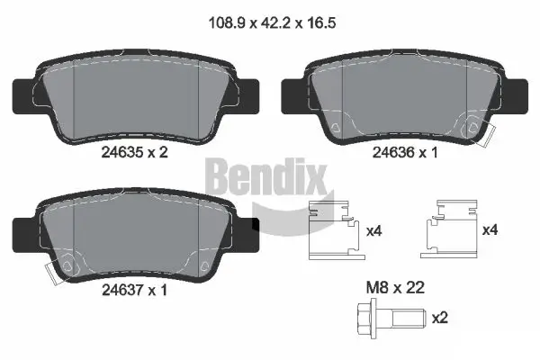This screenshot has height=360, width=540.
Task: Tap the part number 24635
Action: click(x=121, y=153)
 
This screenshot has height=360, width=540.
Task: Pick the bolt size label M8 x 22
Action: click(x=395, y=288)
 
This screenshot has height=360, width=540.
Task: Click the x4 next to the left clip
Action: click(x=373, y=231)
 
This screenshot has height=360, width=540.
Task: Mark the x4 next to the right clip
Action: click(x=490, y=231)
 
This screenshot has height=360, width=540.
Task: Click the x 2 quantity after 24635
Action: click(x=157, y=153)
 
